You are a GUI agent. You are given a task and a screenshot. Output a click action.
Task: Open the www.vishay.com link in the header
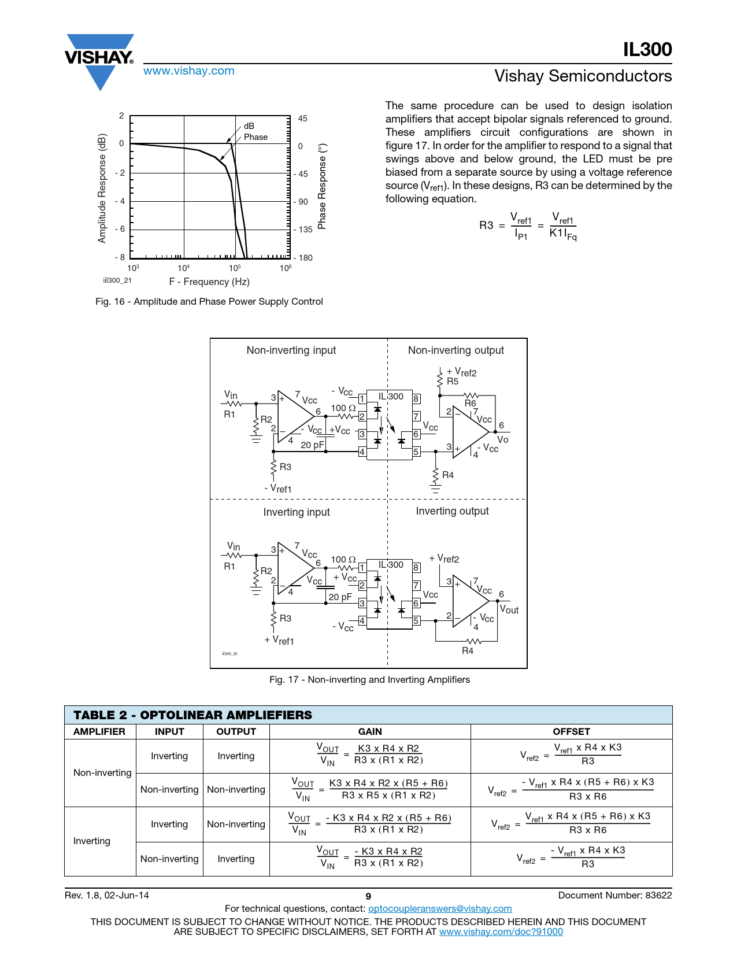[x=188, y=71]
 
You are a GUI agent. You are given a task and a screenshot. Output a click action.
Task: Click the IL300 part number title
[x=647, y=50]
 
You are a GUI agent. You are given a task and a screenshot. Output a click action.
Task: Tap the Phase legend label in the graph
[x=255, y=137]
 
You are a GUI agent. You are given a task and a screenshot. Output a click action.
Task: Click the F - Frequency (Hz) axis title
[x=209, y=282]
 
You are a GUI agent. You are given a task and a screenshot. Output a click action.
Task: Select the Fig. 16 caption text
[x=209, y=301]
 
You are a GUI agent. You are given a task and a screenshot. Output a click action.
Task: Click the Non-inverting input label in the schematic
[x=291, y=350]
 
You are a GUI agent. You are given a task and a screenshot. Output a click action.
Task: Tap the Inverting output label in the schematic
[x=452, y=511]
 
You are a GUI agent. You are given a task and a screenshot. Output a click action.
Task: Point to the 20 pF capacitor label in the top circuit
[x=313, y=445]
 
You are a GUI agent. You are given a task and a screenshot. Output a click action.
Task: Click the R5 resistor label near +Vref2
[x=453, y=382]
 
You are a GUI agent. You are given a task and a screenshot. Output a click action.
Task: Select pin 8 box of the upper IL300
[x=416, y=398]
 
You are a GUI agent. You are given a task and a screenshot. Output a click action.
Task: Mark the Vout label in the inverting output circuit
[x=509, y=609]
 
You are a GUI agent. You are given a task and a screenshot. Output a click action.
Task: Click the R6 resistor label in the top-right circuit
[x=471, y=403]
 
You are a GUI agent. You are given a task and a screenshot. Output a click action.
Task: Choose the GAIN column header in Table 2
[x=370, y=731]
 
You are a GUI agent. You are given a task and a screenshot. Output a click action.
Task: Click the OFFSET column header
[x=571, y=731]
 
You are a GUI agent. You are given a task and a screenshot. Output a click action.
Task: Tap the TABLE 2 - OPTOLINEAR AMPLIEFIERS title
[x=192, y=715]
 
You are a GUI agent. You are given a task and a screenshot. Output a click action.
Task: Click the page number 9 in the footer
[x=368, y=896]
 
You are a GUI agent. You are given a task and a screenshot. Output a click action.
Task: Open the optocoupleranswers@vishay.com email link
[x=440, y=908]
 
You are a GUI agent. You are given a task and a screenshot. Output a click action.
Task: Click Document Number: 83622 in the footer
[x=614, y=895]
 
